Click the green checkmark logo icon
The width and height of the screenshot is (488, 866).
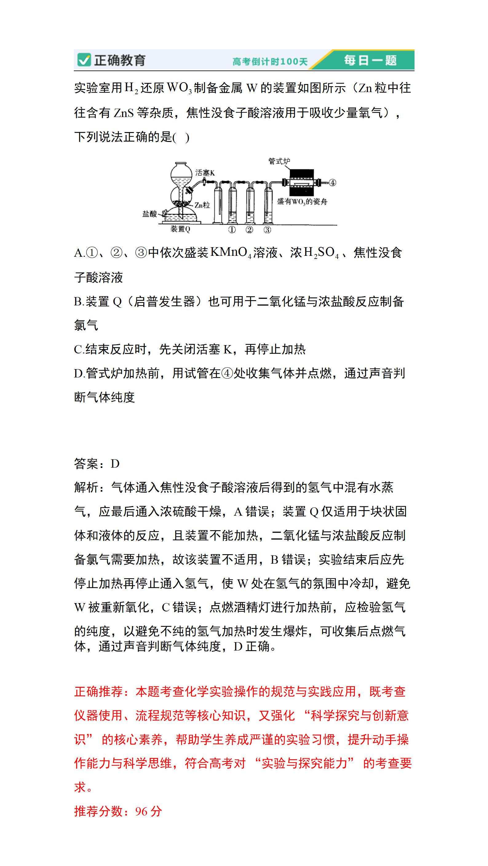[x=84, y=60]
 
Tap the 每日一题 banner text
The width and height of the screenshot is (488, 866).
[x=370, y=61]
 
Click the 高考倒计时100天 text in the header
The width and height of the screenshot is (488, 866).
[x=270, y=62]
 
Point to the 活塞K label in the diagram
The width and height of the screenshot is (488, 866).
[x=205, y=173]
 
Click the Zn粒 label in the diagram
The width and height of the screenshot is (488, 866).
[x=202, y=205]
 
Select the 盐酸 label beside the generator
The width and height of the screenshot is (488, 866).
[x=149, y=214]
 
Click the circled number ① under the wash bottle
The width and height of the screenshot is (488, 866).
[x=232, y=230]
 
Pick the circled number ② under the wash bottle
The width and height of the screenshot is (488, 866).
[x=249, y=230]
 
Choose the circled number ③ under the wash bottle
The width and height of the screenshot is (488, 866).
[x=267, y=230]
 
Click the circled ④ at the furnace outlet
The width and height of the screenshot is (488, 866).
[x=332, y=183]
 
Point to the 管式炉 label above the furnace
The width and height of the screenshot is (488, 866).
[x=279, y=161]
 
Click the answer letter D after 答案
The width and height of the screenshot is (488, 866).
[x=115, y=464]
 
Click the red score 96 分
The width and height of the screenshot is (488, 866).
[x=149, y=811]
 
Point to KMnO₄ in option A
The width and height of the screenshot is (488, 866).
[x=230, y=252]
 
